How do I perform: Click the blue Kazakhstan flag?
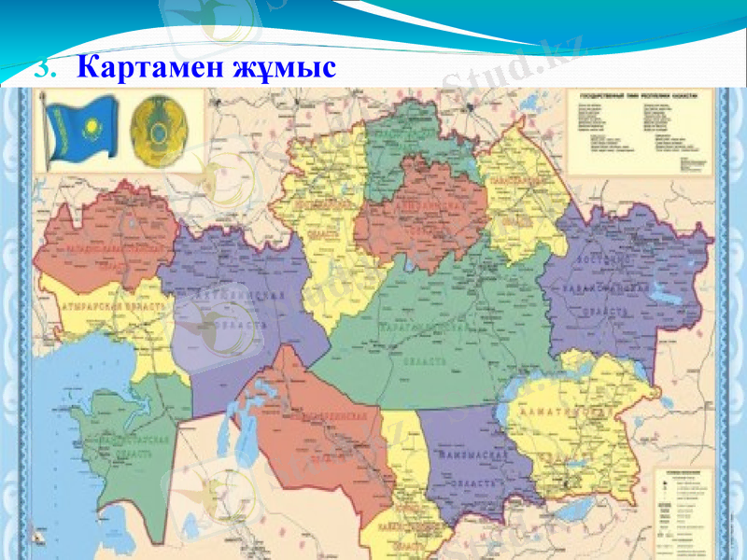[82, 132]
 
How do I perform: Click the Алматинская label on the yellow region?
[570, 410]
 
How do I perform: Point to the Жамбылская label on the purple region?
[472, 457]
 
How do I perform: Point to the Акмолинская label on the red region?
[425, 202]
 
